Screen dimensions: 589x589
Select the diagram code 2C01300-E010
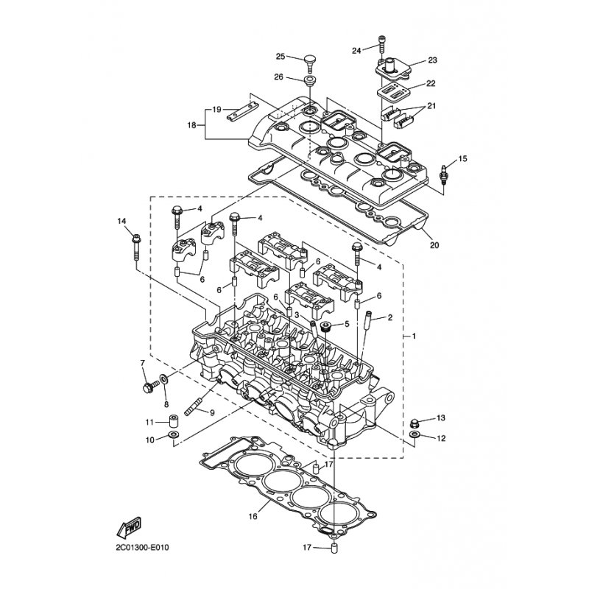143,547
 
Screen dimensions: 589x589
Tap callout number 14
121,221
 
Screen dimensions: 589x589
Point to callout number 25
281,57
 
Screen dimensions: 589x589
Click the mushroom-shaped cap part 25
310,65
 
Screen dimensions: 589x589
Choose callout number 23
432,60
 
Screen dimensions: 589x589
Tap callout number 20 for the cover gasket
434,245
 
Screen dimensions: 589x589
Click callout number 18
191,125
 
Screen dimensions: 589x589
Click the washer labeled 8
165,379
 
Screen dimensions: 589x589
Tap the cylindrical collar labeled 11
174,421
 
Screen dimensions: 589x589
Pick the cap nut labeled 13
415,423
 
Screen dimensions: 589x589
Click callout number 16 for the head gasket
253,517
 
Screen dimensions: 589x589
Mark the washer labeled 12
415,434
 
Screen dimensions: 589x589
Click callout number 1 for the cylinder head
414,336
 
